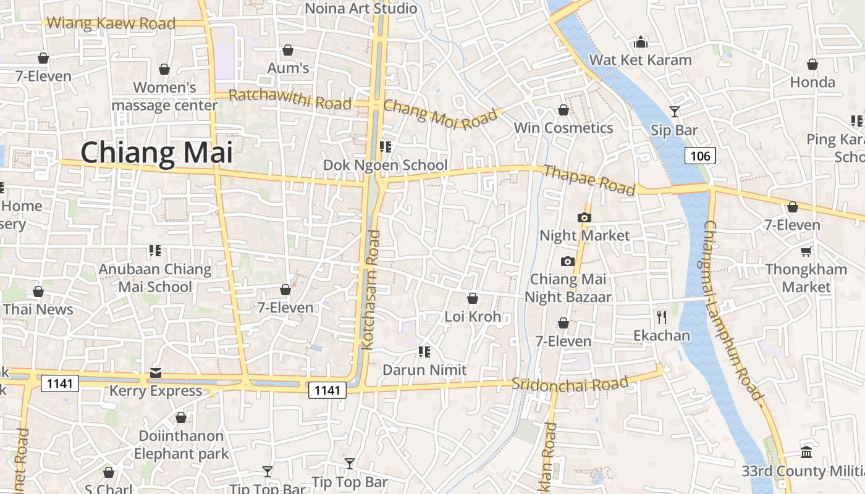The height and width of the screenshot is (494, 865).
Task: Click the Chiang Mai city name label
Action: [x=156, y=153]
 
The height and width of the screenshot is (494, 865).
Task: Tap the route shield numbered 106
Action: [x=700, y=156]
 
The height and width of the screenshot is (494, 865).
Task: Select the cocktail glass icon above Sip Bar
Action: [x=674, y=111]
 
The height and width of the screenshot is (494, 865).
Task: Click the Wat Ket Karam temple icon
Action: [x=641, y=42]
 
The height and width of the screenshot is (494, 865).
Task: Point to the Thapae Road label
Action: [x=588, y=180]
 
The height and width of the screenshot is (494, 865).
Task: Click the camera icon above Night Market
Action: [x=584, y=217]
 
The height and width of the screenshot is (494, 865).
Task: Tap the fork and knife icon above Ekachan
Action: [x=662, y=317]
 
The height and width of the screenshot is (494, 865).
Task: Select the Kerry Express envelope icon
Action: [x=155, y=373]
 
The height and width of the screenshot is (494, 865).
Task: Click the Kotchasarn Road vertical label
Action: [x=371, y=290]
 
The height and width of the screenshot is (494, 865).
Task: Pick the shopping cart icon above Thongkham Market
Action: [x=806, y=251]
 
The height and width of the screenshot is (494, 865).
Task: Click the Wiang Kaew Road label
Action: [x=111, y=23]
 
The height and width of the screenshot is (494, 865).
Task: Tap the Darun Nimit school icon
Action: [x=424, y=352]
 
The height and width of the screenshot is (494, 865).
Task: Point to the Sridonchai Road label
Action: [x=570, y=384]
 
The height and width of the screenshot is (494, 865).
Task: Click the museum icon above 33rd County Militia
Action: [x=806, y=452]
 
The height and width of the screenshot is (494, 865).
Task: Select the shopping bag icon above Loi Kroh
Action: [x=473, y=298]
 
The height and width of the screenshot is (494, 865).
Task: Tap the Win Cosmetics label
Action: [x=563, y=128]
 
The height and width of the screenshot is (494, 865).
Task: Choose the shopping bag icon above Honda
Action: [x=812, y=64]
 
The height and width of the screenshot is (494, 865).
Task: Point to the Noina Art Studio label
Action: [x=361, y=9]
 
